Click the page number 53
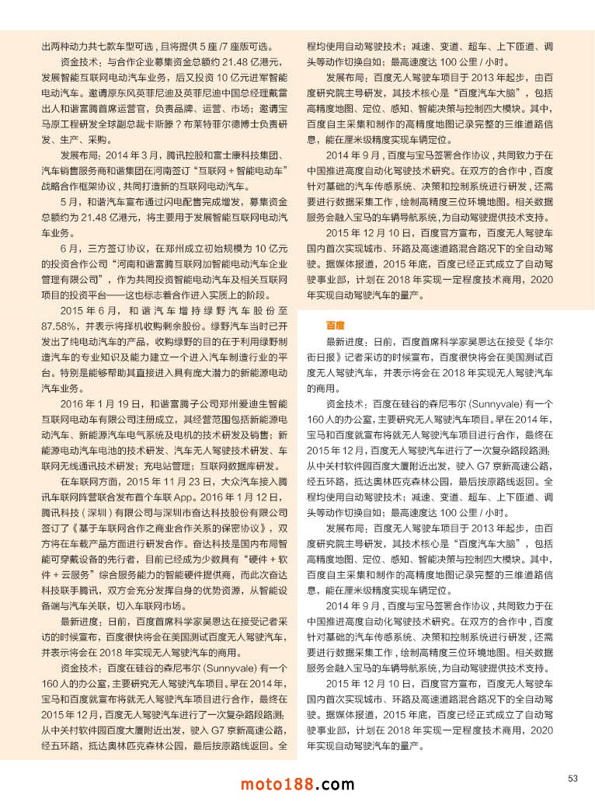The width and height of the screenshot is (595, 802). coord(572,778)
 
